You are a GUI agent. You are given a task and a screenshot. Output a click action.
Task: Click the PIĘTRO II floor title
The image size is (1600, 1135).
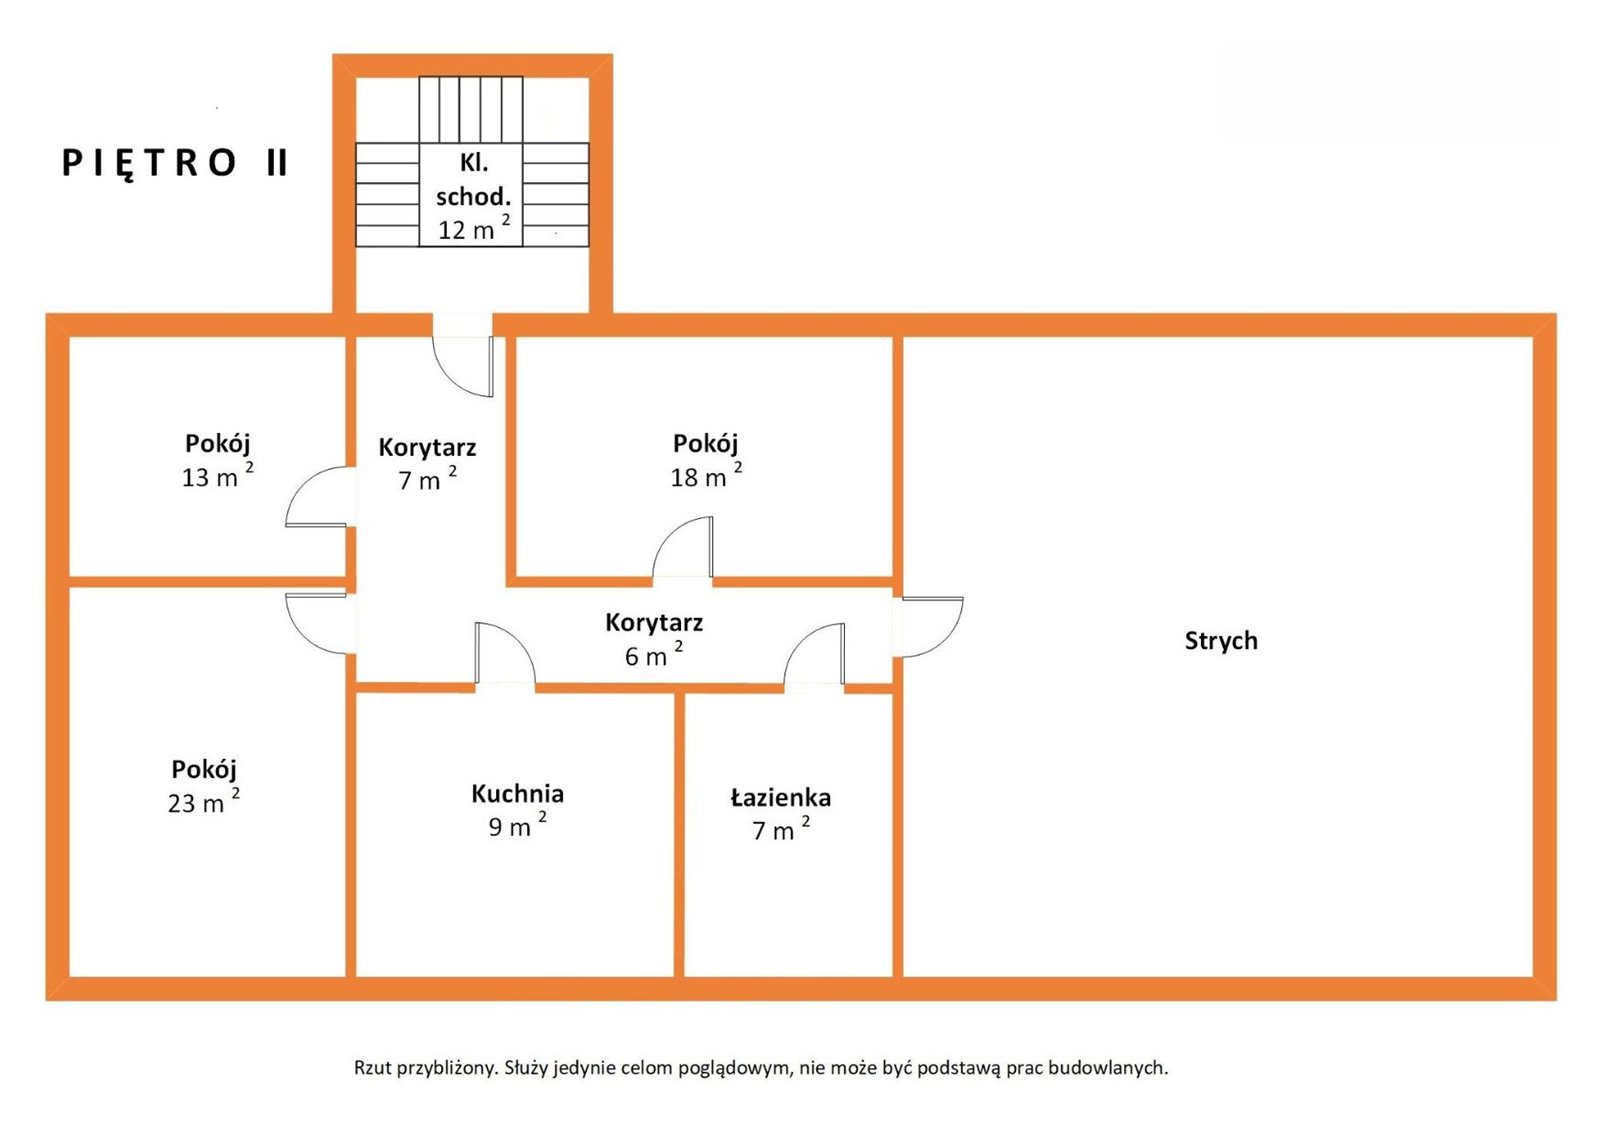click(175, 164)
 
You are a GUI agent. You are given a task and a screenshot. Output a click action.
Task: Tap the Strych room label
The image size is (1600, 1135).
click(1221, 641)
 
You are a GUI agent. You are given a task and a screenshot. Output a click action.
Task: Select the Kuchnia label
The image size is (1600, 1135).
click(517, 794)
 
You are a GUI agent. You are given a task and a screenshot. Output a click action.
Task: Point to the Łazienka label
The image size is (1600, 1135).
click(781, 797)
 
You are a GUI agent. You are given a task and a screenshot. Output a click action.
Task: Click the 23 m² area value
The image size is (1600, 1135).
click(204, 801)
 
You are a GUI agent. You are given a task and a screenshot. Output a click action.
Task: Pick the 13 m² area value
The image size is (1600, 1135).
click(217, 476)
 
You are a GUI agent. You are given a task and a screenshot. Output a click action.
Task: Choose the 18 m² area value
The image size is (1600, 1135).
click(706, 476)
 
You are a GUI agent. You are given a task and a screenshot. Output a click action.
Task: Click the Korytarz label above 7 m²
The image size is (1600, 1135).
click(427, 447)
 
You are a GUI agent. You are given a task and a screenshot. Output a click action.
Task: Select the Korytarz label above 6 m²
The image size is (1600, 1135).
click(654, 622)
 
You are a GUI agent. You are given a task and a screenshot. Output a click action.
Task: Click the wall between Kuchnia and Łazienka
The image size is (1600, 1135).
click(679, 834)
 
